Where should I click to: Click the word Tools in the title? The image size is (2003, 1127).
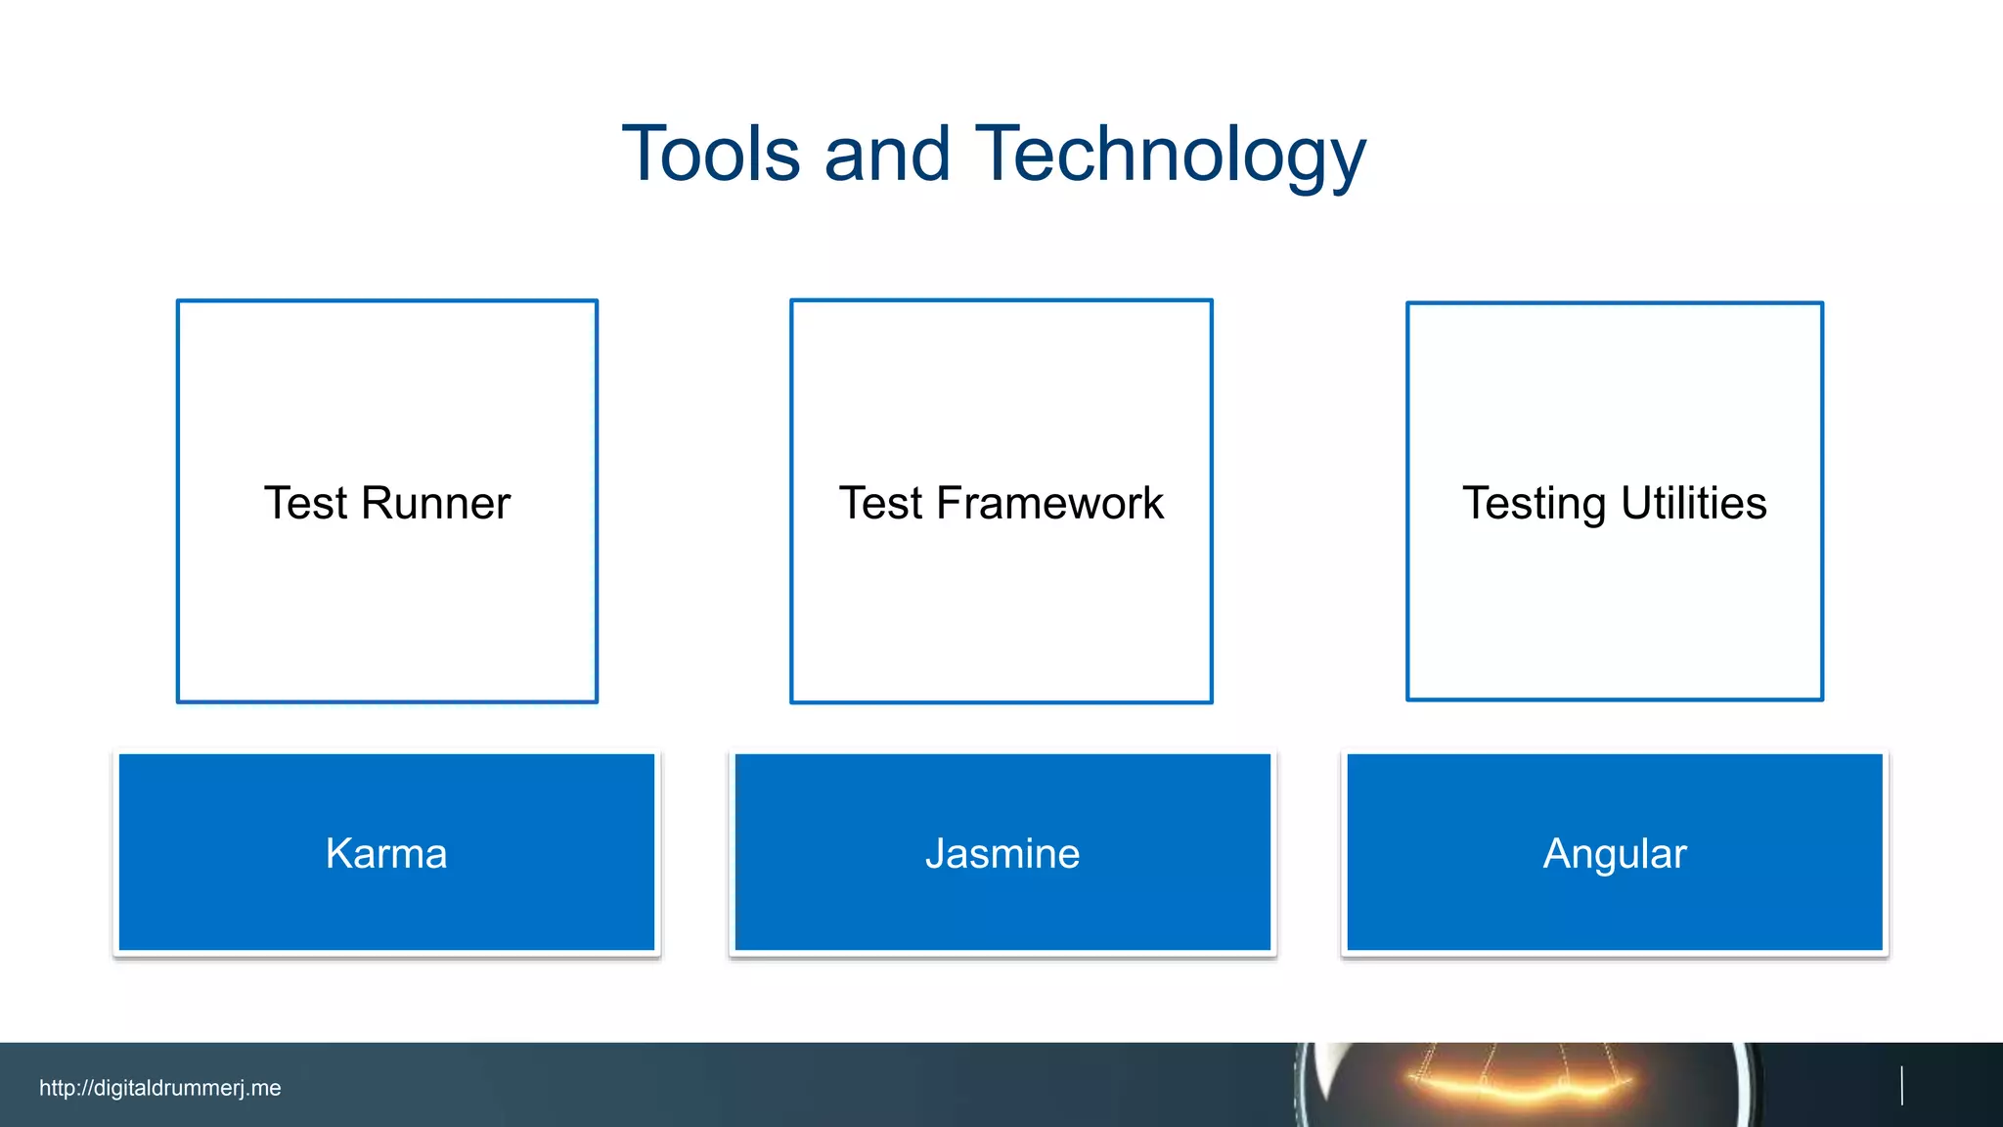coord(711,155)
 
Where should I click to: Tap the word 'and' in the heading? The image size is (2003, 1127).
coord(887,155)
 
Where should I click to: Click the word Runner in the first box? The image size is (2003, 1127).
coord(435,504)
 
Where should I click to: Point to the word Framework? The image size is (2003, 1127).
coord(1049,504)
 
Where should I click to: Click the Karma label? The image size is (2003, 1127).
coord(386,854)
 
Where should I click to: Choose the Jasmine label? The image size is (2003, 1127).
coord(1002,854)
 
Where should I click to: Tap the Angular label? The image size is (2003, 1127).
coord(1615,854)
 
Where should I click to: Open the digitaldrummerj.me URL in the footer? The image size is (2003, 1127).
coord(160,1088)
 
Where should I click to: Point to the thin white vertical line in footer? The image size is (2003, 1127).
coord(1901,1086)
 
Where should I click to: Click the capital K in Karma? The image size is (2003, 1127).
coord(338,854)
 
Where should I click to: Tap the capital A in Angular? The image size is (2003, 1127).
coord(1558,854)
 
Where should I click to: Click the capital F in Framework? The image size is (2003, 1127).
coord(950,504)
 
